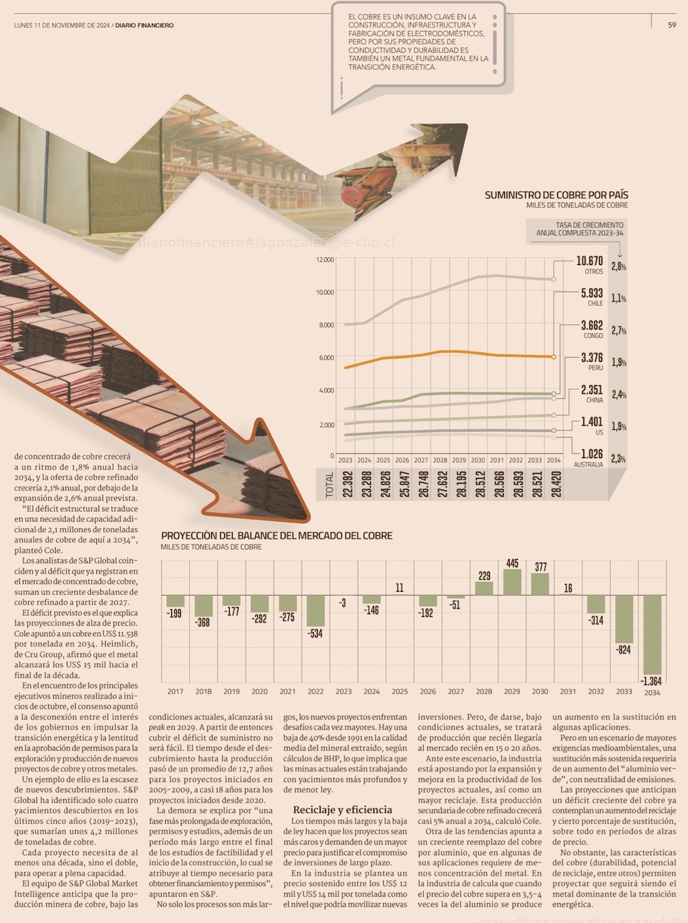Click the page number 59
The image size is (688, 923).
coord(671,25)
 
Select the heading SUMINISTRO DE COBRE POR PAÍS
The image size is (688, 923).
coord(556,195)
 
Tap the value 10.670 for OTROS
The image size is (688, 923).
coord(589,261)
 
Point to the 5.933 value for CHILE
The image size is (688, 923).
coord(591,293)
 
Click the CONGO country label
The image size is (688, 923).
coord(593,336)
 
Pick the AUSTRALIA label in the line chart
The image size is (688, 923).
coord(588,464)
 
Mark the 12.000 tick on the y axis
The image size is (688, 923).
coord(325,260)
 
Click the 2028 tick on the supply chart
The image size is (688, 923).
coord(440,460)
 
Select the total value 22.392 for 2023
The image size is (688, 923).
coord(347,484)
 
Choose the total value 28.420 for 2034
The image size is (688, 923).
coord(556,484)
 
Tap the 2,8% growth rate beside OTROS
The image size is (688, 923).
coord(619,266)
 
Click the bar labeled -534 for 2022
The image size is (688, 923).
coord(315,611)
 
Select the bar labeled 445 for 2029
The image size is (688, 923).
coord(512,582)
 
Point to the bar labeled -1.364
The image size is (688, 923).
coord(652,634)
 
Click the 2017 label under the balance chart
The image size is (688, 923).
coord(175,691)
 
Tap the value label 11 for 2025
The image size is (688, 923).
coord(400,588)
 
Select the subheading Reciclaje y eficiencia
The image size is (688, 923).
coord(343,810)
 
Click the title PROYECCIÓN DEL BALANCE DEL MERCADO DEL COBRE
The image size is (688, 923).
coord(277,535)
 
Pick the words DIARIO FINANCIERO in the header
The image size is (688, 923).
coord(144,25)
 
